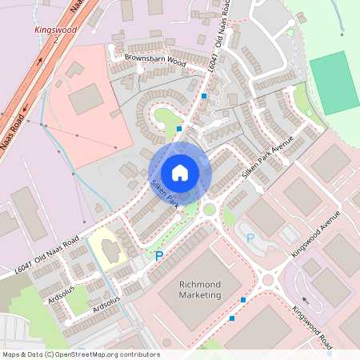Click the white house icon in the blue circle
point(180,173)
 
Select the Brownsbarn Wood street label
point(154,60)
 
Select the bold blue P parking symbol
point(158,256)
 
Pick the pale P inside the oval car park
point(250,238)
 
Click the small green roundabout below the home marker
point(210,210)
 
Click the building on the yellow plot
point(110,248)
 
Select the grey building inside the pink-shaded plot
point(86,99)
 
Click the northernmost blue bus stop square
point(205,96)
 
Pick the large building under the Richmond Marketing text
point(200,308)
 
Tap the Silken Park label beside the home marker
point(165,195)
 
